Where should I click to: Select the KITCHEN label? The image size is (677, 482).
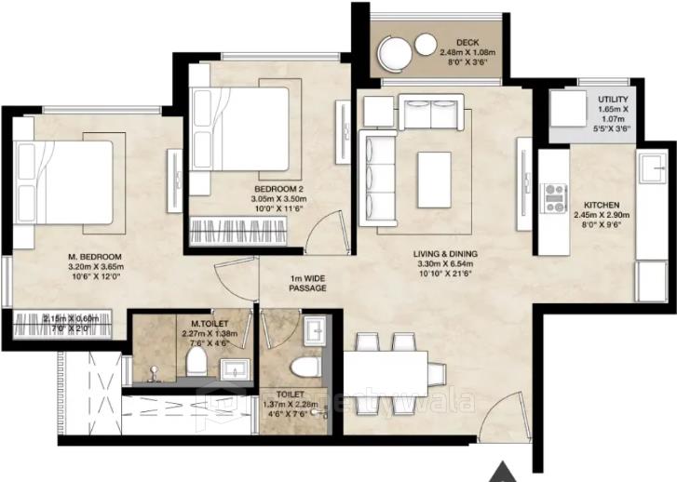point(602,204)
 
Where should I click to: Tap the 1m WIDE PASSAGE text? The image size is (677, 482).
point(307,283)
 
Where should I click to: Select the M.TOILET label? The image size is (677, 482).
point(206,323)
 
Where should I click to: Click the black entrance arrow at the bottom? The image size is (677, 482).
point(504,471)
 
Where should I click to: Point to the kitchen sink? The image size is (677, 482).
point(649,173)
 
